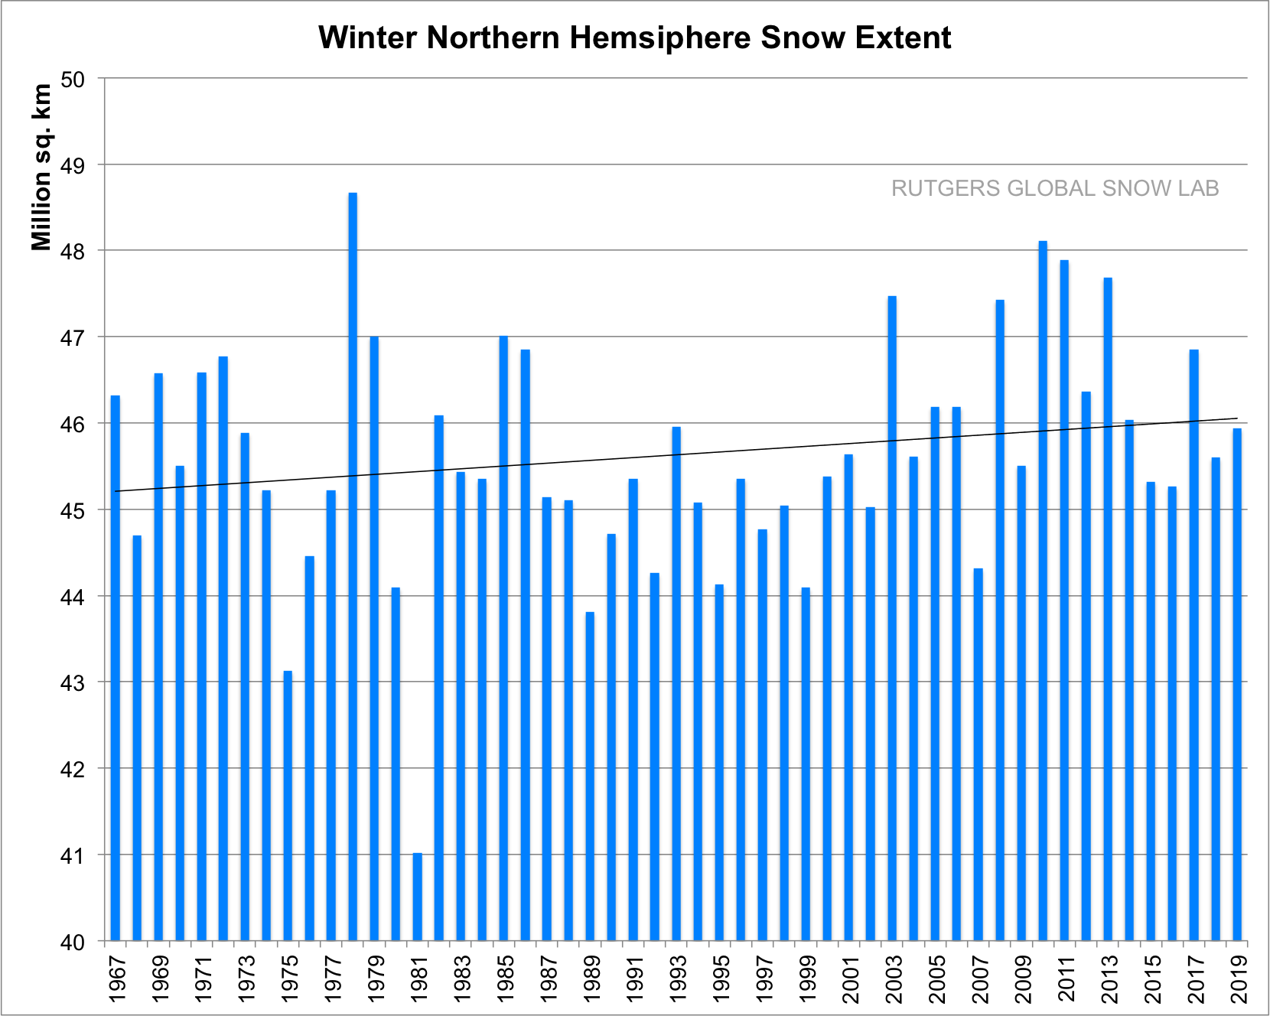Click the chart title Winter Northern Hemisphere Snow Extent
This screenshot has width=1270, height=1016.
(634, 37)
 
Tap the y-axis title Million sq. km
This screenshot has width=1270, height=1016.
(42, 167)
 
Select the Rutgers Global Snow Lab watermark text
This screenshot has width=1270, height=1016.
(1054, 188)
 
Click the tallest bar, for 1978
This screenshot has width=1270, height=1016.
(353, 566)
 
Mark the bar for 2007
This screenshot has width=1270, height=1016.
(978, 754)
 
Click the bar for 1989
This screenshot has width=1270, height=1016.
(590, 776)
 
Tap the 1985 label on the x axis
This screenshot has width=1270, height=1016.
(504, 979)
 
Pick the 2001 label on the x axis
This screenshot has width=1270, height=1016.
(849, 979)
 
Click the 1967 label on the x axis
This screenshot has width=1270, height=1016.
(116, 979)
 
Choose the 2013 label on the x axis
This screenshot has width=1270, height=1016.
(1108, 979)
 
